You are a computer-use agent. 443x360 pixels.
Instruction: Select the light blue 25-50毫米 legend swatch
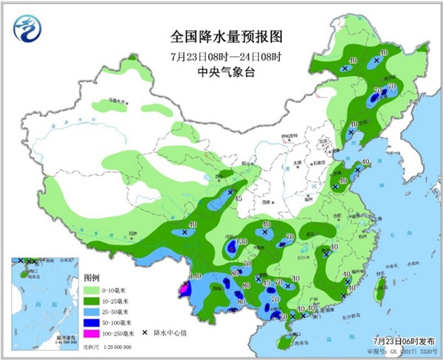pyautogui.click(x=93, y=312)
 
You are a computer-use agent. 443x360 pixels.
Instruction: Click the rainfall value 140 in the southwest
pyautogui.click(x=196, y=276)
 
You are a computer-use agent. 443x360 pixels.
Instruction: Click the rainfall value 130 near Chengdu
pyautogui.click(x=241, y=242)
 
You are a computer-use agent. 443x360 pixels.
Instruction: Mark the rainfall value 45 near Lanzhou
pyautogui.click(x=238, y=198)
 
